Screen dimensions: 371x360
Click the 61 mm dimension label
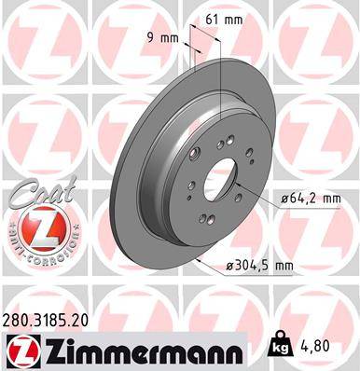pyautogui.click(x=221, y=19)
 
